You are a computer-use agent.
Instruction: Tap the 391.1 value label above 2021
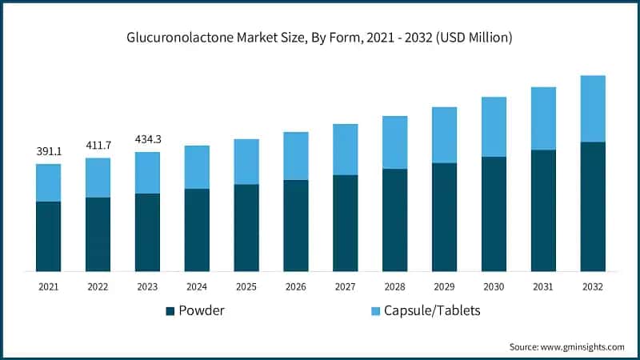tap(48, 151)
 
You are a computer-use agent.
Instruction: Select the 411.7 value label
tap(98, 145)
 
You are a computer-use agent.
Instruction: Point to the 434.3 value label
tap(147, 139)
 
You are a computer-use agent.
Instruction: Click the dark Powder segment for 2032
tap(593, 206)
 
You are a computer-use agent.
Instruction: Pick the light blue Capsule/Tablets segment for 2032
tap(593, 109)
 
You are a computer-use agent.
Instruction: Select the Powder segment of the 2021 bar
tap(48, 236)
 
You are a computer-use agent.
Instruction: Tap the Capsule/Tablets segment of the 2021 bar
tap(48, 182)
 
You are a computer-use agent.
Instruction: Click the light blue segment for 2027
tap(345, 150)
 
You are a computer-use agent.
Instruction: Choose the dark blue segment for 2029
tap(444, 217)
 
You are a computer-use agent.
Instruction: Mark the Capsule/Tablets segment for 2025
tap(246, 162)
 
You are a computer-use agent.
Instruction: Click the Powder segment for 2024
tap(197, 230)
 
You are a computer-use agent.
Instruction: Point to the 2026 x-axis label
tap(295, 286)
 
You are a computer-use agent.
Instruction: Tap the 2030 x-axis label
tap(494, 286)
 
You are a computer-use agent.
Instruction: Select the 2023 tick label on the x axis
tap(147, 286)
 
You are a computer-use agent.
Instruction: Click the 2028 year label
tap(394, 286)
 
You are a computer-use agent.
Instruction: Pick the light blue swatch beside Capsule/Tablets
tap(374, 311)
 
